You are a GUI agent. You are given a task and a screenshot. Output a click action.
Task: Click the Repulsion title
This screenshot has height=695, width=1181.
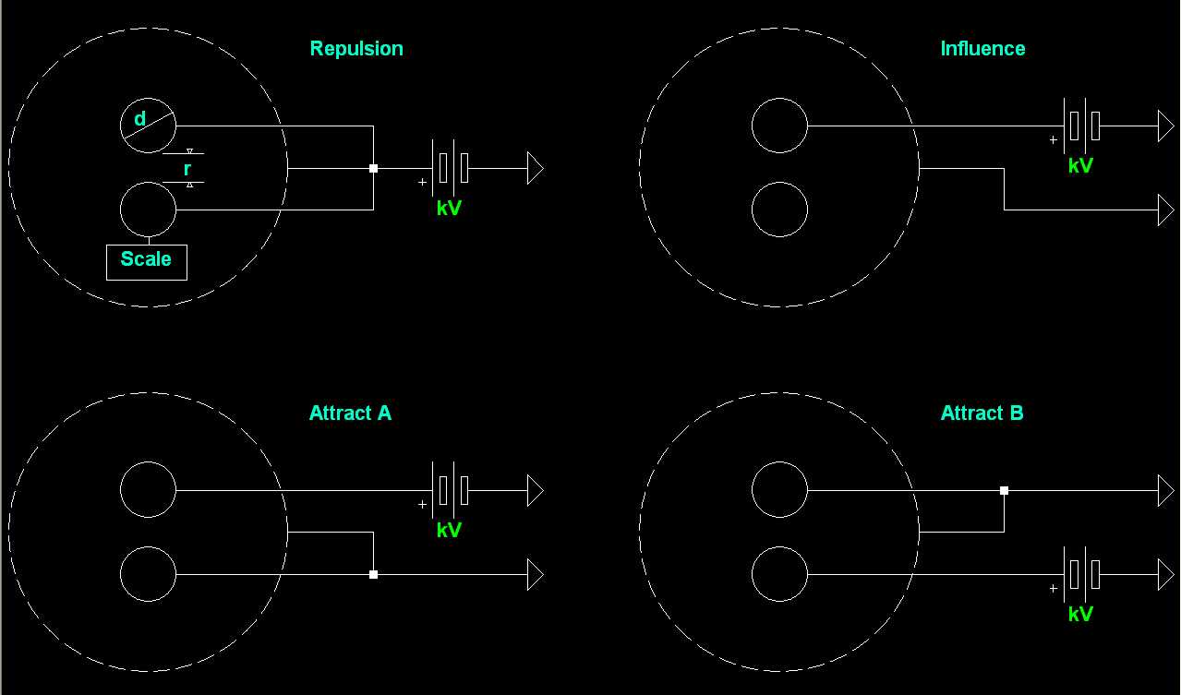click(356, 49)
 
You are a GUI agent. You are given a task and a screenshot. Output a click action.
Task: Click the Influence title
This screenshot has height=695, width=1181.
click(982, 49)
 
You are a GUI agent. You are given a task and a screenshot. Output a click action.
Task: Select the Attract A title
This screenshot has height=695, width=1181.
click(350, 413)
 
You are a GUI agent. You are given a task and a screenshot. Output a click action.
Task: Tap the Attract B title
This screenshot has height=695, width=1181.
click(982, 413)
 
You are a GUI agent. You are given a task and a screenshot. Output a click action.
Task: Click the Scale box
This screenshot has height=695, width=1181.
click(146, 261)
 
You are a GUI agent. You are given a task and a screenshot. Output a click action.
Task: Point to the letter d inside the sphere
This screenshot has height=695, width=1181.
click(140, 119)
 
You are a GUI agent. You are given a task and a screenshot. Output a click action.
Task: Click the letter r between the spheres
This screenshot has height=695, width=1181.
click(187, 169)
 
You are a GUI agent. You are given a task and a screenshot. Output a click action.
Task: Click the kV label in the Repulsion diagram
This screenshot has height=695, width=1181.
click(449, 209)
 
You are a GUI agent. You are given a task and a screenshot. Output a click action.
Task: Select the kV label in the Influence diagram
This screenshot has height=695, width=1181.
click(1080, 166)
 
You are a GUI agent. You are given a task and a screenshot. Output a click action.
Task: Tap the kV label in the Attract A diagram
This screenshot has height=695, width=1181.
click(449, 531)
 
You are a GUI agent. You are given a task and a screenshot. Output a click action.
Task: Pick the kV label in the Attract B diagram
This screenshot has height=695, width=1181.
click(1080, 615)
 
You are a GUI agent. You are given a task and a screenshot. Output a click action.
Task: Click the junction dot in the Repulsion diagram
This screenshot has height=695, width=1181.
click(373, 168)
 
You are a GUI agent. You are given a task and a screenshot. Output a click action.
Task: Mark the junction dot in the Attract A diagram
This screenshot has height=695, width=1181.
click(373, 574)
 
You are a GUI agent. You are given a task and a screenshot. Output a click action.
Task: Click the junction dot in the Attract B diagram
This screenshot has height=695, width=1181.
click(1004, 490)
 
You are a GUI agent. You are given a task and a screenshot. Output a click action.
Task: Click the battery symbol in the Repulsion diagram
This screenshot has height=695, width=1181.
click(450, 168)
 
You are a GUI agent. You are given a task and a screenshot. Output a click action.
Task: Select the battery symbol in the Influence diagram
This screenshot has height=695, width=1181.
click(1081, 126)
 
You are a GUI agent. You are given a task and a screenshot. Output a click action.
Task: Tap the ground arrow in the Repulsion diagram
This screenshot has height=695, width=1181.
click(535, 168)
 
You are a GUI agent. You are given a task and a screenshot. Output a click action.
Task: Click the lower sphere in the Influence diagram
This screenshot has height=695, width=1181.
click(779, 210)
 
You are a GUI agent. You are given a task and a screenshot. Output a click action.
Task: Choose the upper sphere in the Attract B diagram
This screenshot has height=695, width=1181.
click(779, 490)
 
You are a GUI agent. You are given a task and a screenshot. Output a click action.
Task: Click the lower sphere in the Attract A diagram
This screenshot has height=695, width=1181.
click(148, 574)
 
